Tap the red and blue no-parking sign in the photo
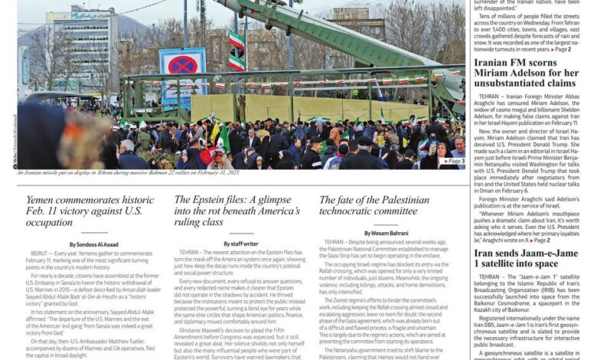[182, 64]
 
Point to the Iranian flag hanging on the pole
[237, 50]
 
